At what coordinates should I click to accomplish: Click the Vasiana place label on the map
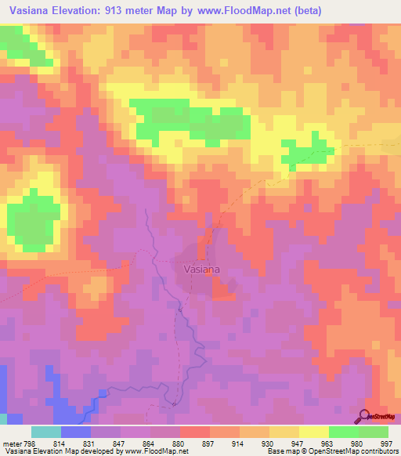201,269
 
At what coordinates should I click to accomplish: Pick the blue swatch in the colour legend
75,432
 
